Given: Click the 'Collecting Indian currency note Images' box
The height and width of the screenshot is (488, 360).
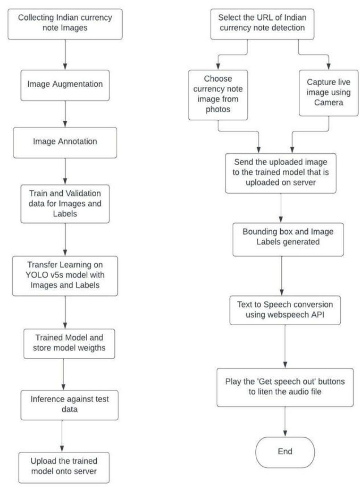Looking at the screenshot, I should [65, 24].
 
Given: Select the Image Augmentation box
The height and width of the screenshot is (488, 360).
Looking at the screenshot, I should [65, 85].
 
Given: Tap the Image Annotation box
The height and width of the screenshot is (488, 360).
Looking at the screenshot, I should [65, 142].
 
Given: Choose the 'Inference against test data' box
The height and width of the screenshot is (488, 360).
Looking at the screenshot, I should [69, 405].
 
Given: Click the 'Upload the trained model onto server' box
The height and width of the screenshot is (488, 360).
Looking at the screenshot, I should [64, 467].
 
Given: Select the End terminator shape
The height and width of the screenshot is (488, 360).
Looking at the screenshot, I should [285, 452].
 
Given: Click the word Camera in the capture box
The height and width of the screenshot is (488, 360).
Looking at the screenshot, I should [328, 103].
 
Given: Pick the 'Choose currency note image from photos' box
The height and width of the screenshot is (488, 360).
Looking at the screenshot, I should [218, 94].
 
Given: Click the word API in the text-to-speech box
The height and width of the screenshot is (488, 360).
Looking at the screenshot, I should [317, 315].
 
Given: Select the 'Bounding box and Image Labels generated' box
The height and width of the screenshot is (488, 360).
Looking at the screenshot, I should [288, 239].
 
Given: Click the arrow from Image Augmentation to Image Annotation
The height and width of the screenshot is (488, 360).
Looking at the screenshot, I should [65, 114].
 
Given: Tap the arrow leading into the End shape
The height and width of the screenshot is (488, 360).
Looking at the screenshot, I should [285, 421].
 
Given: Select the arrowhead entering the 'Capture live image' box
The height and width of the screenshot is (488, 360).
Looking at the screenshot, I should [328, 67].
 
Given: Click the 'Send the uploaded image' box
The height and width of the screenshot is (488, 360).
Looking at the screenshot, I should [280, 173].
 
